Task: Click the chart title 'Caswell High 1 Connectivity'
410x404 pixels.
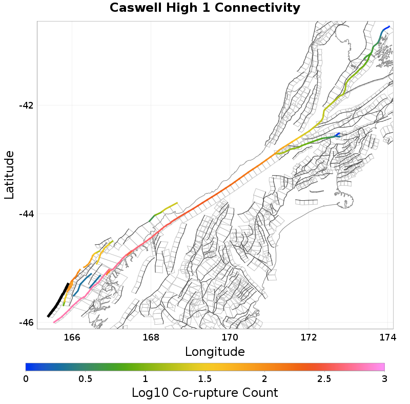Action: (204, 8)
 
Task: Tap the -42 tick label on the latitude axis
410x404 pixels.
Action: (26, 105)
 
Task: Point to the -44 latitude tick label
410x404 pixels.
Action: (26, 214)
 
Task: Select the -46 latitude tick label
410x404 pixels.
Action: (26, 323)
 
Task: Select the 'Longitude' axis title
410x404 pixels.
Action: (215, 352)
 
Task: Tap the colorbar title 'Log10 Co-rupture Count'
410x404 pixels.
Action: (204, 393)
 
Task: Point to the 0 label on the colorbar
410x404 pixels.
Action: (26, 378)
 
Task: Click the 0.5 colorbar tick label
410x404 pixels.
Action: (86, 378)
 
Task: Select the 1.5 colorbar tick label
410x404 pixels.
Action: (205, 378)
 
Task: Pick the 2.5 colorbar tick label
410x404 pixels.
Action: (324, 378)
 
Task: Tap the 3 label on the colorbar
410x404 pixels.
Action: (384, 378)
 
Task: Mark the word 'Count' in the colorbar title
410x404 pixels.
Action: (259, 393)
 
